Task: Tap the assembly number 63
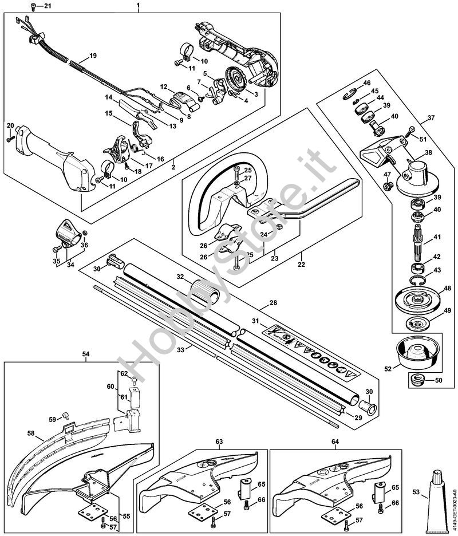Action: (x=219, y=442)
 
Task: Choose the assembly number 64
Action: (x=335, y=442)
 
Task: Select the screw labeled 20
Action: (x=10, y=137)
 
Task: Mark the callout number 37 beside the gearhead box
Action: (x=431, y=119)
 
